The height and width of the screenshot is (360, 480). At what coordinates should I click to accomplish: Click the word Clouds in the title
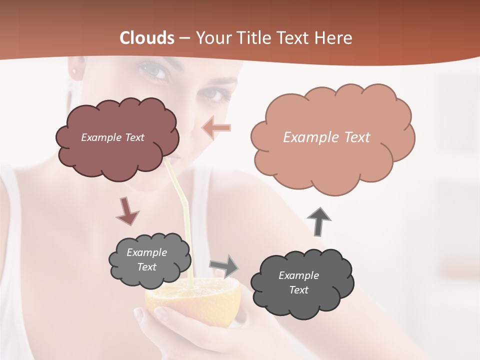tap(146, 38)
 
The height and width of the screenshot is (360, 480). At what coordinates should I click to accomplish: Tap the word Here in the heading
tap(335, 38)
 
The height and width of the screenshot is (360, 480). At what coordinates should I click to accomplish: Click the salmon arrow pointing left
tap(216, 127)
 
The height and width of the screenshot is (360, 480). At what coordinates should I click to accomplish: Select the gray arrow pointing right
tap(224, 265)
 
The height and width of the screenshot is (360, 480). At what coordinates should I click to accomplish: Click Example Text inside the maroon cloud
tap(112, 137)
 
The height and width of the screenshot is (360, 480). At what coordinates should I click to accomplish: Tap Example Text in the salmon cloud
tap(326, 137)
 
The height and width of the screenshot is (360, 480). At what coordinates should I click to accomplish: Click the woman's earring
tap(76, 71)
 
